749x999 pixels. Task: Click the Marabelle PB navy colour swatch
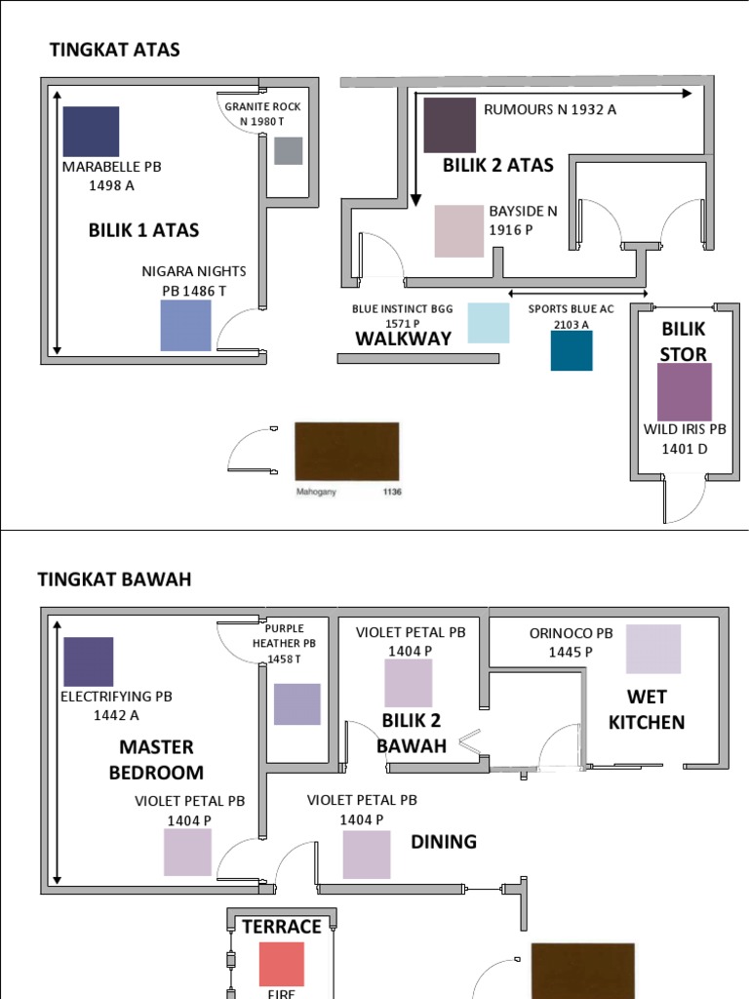pyautogui.click(x=91, y=132)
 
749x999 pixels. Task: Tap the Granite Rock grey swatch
pyautogui.click(x=288, y=151)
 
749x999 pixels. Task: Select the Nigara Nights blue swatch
pyautogui.click(x=185, y=325)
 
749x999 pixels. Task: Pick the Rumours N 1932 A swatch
pyautogui.click(x=450, y=126)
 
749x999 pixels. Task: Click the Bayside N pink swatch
pyautogui.click(x=458, y=230)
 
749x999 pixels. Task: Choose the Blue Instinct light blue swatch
pyautogui.click(x=488, y=323)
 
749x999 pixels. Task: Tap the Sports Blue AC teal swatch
pyautogui.click(x=572, y=351)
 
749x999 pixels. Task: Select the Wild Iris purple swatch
pyautogui.click(x=685, y=391)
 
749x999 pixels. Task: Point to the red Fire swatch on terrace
pyautogui.click(x=282, y=964)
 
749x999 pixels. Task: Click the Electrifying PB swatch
pyautogui.click(x=88, y=661)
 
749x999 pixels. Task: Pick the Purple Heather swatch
pyautogui.click(x=296, y=704)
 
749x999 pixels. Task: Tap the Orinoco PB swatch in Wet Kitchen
pyautogui.click(x=653, y=649)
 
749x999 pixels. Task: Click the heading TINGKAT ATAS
pyautogui.click(x=115, y=50)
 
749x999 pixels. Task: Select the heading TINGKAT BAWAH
pyautogui.click(x=115, y=579)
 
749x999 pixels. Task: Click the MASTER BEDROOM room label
pyautogui.click(x=156, y=760)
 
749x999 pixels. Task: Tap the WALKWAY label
pyautogui.click(x=403, y=339)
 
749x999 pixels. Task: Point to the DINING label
pyautogui.click(x=444, y=841)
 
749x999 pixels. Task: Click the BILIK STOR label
pyautogui.click(x=683, y=341)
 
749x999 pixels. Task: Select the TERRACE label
pyautogui.click(x=282, y=926)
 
